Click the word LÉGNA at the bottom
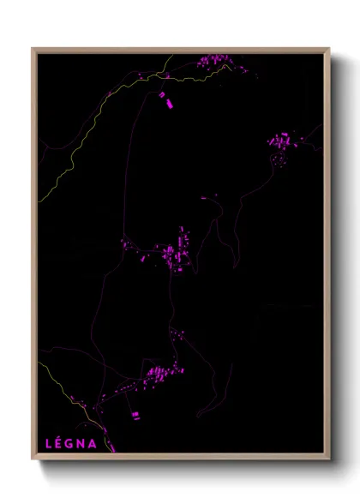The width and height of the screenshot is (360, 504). click(70, 444)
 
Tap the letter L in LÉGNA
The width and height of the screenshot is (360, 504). click(48, 444)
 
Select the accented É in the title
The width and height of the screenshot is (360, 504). click(59, 444)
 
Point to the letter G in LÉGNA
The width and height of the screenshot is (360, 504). click(71, 444)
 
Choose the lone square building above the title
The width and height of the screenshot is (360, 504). click(135, 415)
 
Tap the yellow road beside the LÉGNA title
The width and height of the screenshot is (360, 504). click(111, 442)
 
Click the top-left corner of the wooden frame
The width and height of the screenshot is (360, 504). click(33, 50)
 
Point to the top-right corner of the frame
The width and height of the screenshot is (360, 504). click(328, 50)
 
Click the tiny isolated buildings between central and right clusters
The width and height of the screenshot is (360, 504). click(208, 198)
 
